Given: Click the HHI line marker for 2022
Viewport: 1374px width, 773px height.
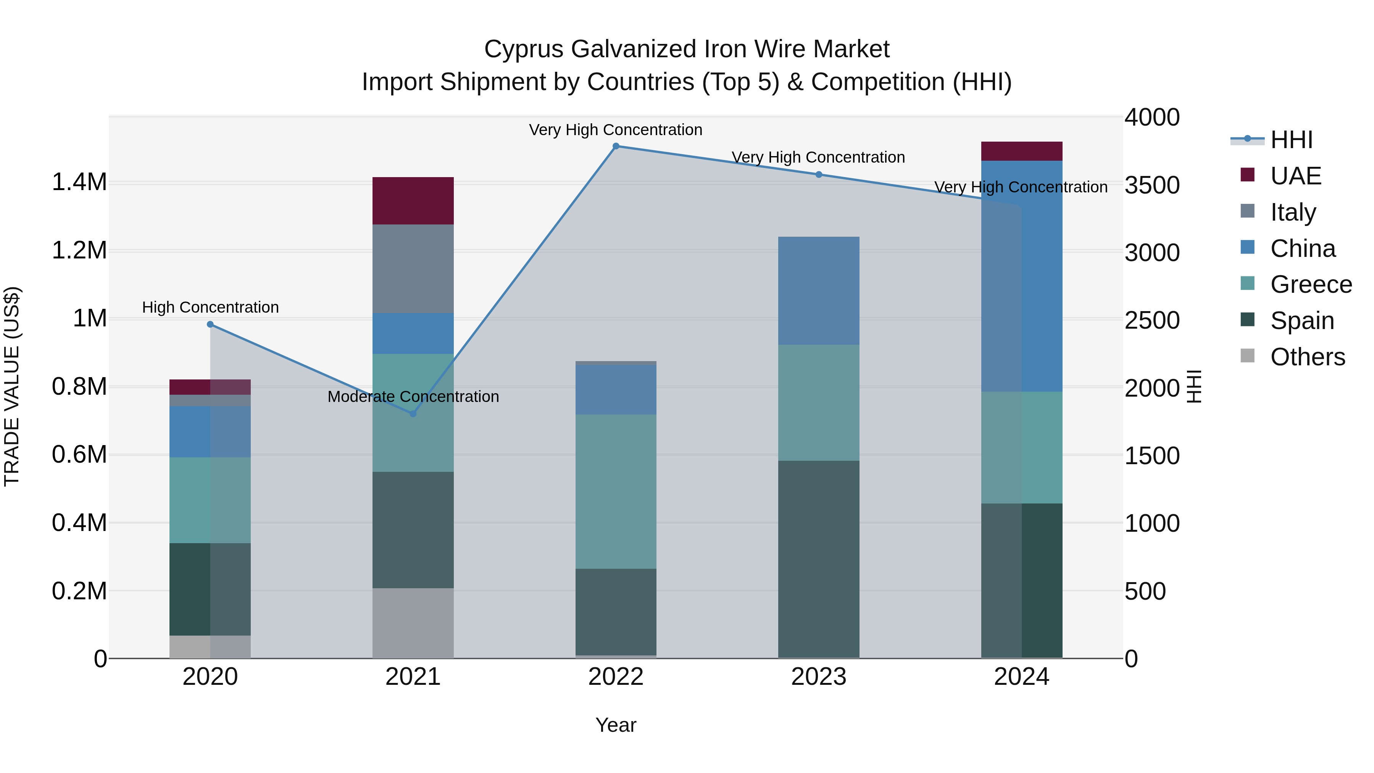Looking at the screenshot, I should pyautogui.click(x=616, y=146).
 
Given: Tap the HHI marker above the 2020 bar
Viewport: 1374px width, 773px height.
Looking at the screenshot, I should pyautogui.click(x=210, y=324).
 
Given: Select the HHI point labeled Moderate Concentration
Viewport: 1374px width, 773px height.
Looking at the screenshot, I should pyautogui.click(x=413, y=413).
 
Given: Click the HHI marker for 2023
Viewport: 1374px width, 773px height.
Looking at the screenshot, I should pyautogui.click(x=819, y=174).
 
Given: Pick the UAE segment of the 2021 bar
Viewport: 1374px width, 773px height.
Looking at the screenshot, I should pyautogui.click(x=413, y=200).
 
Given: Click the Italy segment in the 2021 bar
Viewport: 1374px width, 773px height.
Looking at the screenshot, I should pyautogui.click(x=413, y=268).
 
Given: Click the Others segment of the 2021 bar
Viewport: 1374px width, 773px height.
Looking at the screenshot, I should pyautogui.click(x=413, y=623).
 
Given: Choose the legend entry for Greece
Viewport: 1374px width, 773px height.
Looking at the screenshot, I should pyautogui.click(x=1311, y=284).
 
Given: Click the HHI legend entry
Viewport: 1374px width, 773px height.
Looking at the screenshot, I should pyautogui.click(x=1291, y=140).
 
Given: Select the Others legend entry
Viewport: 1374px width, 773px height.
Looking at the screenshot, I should pyautogui.click(x=1307, y=357).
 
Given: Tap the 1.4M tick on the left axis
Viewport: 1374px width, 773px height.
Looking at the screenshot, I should pyautogui.click(x=79, y=182).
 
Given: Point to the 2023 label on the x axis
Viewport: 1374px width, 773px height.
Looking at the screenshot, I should pyautogui.click(x=819, y=677).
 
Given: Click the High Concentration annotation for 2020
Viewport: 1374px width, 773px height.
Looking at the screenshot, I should pyautogui.click(x=210, y=307).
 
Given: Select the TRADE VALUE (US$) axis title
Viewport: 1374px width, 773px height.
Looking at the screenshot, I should pyautogui.click(x=12, y=386).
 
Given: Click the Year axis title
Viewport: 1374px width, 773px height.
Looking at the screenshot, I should pyautogui.click(x=616, y=725).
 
